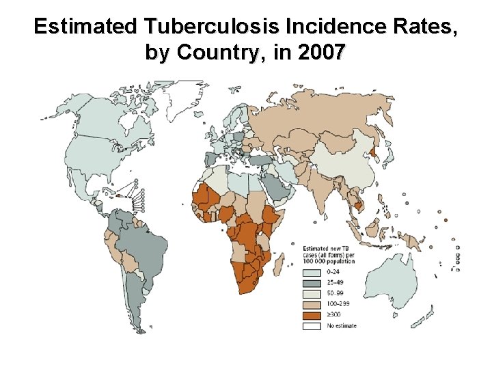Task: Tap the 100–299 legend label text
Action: pos(337,305)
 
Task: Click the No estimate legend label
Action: pos(341,326)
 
